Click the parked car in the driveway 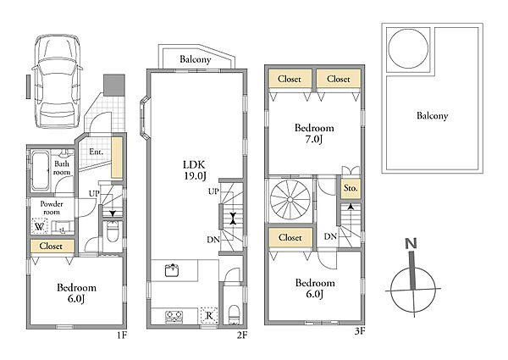pos(58,81)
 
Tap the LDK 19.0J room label pos(195,169)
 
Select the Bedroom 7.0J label pos(314,133)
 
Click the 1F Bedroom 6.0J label pos(76,292)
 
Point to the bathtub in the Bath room pos(41,171)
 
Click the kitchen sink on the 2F pos(173,270)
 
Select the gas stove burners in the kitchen pos(174,317)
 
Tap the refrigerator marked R pos(209,315)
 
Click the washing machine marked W pos(40,226)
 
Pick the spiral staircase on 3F pos(290,199)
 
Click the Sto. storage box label pos(351,187)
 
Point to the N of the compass pos(411,243)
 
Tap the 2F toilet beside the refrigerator pos(234,313)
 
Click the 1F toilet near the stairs pos(113,232)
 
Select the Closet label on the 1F pos(51,246)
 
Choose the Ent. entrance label pos(96,152)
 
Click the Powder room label pos(52,208)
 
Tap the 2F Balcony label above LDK pos(196,59)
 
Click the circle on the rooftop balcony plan pos(408,48)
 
